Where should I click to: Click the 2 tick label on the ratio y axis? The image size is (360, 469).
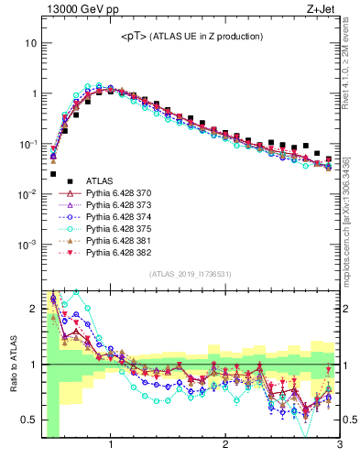click(33, 309)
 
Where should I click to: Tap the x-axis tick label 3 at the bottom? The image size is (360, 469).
click(339, 446)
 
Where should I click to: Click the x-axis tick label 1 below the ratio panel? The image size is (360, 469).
click(111, 446)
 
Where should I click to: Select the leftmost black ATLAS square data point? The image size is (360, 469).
click(53, 173)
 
